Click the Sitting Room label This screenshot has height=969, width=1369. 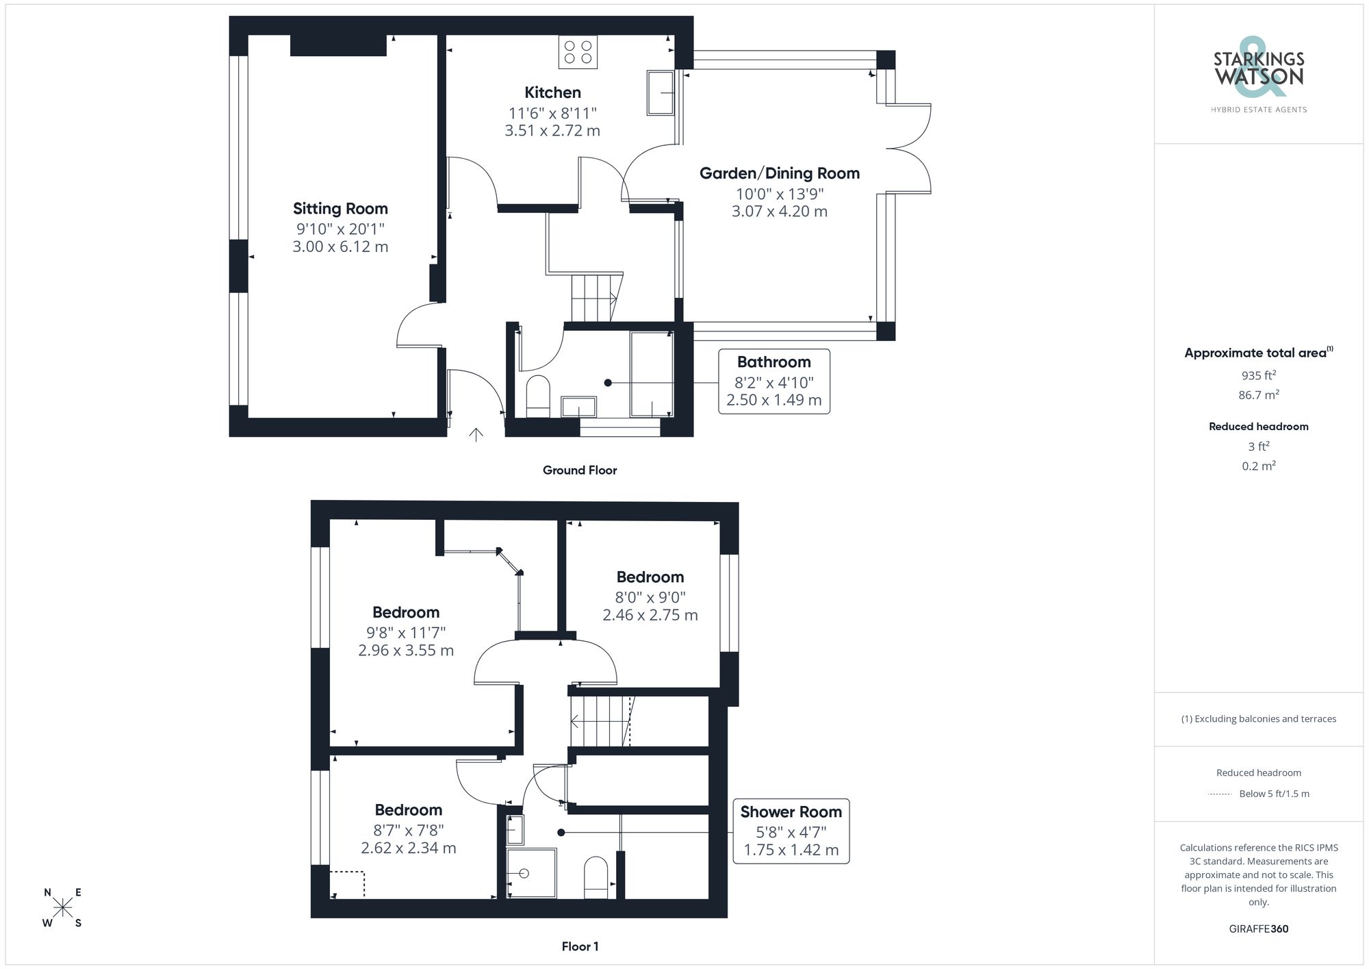pyautogui.click(x=340, y=208)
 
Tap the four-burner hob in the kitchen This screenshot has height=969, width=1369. pyautogui.click(x=578, y=52)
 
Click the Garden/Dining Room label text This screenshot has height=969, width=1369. pyautogui.click(x=779, y=173)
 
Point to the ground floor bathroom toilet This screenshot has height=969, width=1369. pyautogui.click(x=538, y=397)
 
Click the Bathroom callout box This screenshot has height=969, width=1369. pyautogui.click(x=773, y=381)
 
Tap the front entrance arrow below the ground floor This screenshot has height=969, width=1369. pyautogui.click(x=476, y=435)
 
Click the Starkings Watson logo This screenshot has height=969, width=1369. pyautogui.click(x=1258, y=72)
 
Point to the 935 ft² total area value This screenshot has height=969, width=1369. pyautogui.click(x=1258, y=375)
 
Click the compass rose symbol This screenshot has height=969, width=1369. pyautogui.click(x=62, y=908)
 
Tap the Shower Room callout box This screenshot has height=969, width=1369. pyautogui.click(x=791, y=831)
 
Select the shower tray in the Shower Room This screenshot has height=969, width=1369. pyautogui.click(x=531, y=873)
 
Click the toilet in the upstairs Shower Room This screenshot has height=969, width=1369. pyautogui.click(x=596, y=877)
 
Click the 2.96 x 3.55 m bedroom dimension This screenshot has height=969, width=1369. pyautogui.click(x=406, y=651)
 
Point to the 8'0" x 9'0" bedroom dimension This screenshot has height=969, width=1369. pyautogui.click(x=650, y=597)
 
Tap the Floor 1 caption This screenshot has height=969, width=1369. pyautogui.click(x=580, y=946)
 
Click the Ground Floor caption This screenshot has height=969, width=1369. pyautogui.click(x=580, y=470)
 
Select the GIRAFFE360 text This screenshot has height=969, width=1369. pyautogui.click(x=1258, y=929)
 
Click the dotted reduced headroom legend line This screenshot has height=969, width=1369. pyautogui.click(x=1219, y=794)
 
